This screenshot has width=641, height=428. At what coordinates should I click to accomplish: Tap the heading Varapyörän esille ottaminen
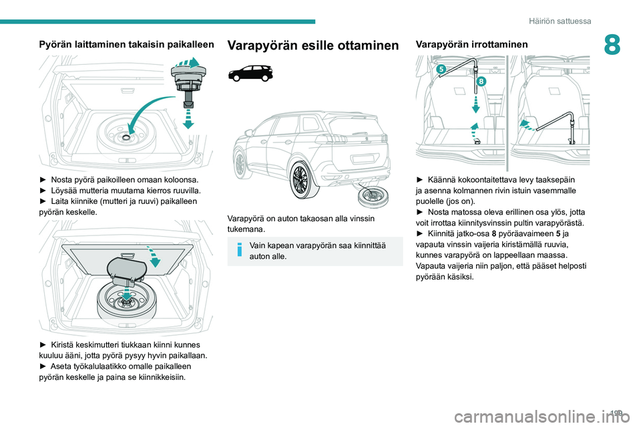pos(313,45)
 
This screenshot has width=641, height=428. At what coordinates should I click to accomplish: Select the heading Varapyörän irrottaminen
pos(471,44)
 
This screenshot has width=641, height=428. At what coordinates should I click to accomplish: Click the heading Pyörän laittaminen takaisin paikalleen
pos(126,44)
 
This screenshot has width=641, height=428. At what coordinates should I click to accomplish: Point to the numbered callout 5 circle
pos(442,69)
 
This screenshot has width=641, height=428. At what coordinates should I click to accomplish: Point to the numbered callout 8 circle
pos(481,81)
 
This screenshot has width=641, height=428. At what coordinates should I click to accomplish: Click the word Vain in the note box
pos(259,245)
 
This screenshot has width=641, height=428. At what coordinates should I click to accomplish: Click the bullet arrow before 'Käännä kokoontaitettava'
pos(419,180)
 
